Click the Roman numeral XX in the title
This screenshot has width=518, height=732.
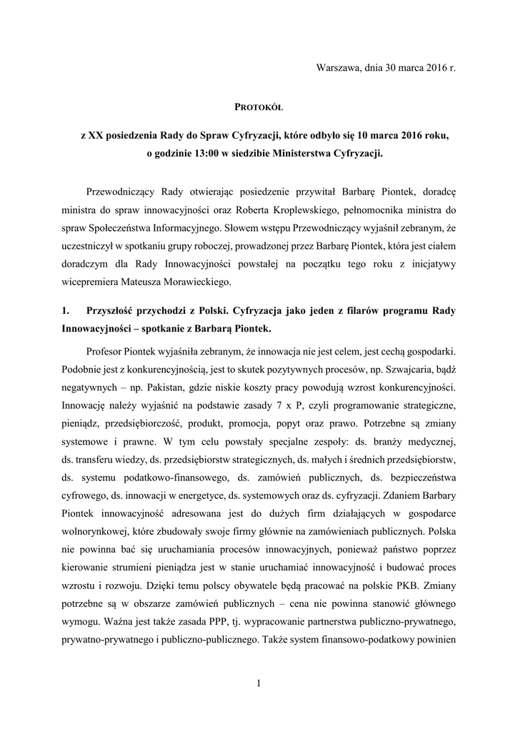tap(96, 135)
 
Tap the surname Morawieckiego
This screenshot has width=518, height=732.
tap(188, 281)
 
